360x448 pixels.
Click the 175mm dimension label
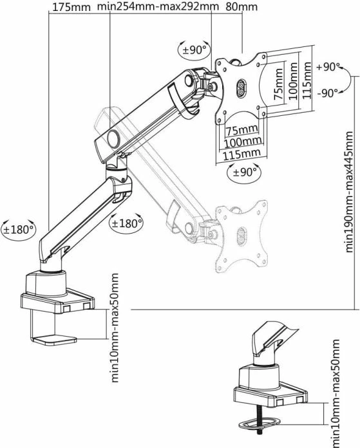click(x=71, y=8)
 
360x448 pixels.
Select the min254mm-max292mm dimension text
click(x=158, y=8)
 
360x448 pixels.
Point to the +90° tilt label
click(x=328, y=67)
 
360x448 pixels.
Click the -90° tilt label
click(x=328, y=92)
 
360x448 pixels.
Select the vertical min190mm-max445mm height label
click(x=348, y=191)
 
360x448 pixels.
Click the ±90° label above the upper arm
click(x=194, y=49)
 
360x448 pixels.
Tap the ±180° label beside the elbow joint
click(x=126, y=223)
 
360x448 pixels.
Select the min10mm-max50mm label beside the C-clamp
click(x=115, y=328)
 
